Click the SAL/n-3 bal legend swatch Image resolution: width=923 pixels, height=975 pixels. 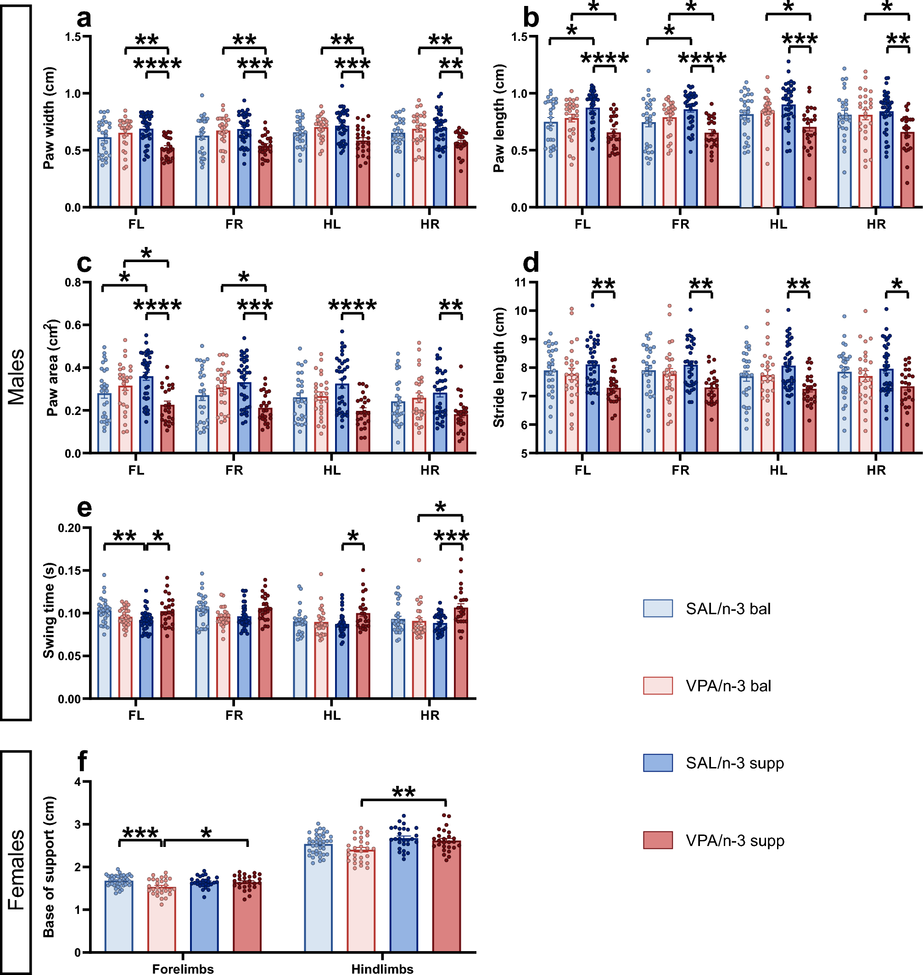tap(657, 608)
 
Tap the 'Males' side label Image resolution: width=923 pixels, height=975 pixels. tap(16, 376)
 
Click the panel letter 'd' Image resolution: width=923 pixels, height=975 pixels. tap(531, 263)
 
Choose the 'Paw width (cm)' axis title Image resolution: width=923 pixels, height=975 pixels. tap(49, 118)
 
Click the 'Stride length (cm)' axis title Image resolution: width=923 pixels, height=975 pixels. tap(498, 367)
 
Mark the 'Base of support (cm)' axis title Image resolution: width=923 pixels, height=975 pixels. tap(49, 866)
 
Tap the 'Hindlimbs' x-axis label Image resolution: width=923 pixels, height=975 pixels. tap(382, 969)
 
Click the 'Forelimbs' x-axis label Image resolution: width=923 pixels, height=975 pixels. tap(183, 969)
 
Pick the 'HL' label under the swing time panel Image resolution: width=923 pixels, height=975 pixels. tap(332, 715)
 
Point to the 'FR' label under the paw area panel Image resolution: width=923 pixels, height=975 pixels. tap(234, 470)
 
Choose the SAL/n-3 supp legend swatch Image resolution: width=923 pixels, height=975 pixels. tap(657, 763)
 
